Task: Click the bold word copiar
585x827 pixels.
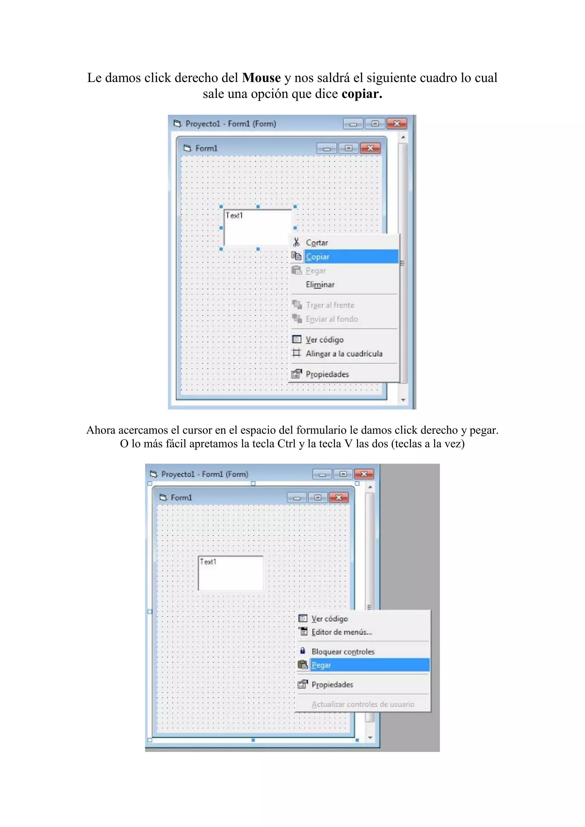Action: click(x=362, y=94)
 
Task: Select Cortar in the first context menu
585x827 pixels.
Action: click(x=316, y=243)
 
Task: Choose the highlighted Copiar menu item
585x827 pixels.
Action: click(x=317, y=257)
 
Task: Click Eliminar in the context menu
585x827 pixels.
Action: click(x=320, y=284)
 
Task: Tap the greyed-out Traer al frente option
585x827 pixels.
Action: click(x=330, y=305)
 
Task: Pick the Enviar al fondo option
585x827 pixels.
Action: click(x=331, y=319)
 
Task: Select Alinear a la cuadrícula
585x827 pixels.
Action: click(x=344, y=354)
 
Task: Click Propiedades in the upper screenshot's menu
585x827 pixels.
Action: click(x=327, y=374)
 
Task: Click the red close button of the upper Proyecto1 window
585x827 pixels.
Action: click(x=396, y=124)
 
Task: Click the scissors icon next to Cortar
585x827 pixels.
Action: click(x=296, y=242)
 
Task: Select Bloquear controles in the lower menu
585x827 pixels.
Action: click(x=342, y=652)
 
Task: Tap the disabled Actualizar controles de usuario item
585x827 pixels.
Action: click(x=362, y=704)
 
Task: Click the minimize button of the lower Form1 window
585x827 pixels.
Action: click(x=297, y=498)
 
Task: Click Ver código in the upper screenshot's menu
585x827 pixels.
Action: click(x=324, y=340)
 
